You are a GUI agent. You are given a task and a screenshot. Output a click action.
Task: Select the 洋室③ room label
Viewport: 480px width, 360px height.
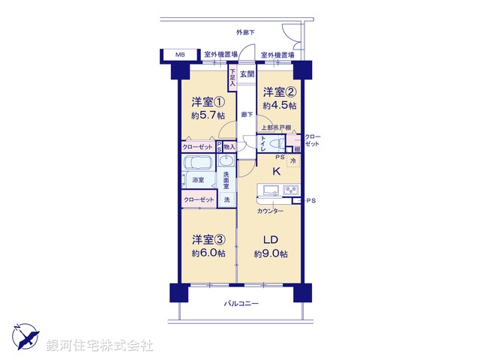208,240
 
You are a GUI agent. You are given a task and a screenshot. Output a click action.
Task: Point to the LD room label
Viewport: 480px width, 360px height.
271,240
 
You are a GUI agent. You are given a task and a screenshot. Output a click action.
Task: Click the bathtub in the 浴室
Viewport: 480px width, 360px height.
199,165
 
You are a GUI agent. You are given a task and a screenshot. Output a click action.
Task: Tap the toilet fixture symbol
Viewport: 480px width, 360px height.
273,142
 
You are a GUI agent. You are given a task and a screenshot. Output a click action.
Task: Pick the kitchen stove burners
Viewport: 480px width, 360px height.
291,188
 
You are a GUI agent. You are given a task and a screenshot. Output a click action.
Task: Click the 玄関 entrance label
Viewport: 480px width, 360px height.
247,73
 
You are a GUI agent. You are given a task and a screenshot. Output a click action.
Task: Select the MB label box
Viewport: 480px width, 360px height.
180,55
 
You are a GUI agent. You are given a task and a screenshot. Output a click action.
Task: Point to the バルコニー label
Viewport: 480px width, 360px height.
241,304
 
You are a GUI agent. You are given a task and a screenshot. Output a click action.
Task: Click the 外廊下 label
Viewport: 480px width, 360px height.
244,32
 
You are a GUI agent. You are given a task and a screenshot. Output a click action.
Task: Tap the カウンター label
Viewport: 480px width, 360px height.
270,211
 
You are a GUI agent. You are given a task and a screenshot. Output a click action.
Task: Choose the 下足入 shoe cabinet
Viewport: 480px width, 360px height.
232,79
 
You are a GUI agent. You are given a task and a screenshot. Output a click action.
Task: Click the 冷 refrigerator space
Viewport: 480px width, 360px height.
293,161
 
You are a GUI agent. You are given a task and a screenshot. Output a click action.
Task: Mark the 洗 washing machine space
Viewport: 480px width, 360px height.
226,199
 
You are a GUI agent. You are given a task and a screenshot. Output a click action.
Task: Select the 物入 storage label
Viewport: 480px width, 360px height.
229,147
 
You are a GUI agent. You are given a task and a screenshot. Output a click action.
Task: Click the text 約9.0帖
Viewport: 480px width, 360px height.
271,254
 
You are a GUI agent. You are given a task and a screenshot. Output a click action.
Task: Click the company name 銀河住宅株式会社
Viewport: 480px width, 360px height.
100,346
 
